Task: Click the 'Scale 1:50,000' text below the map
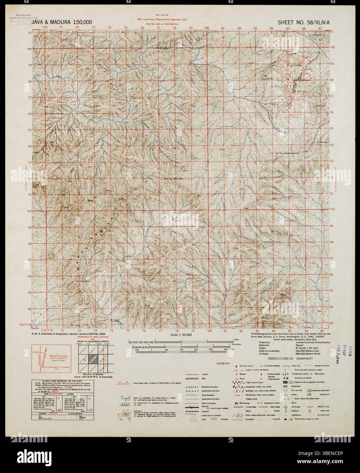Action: click(x=179, y=335)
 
